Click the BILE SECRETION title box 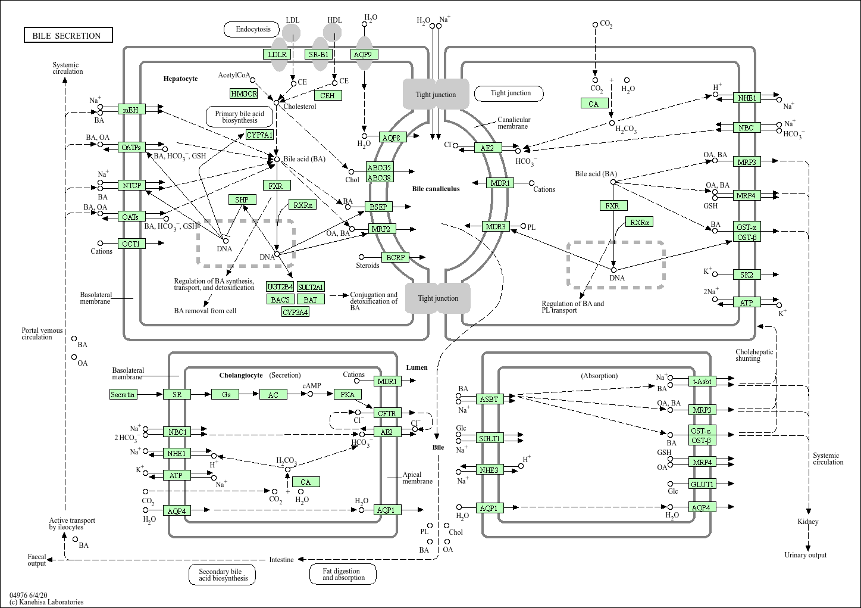pyautogui.click(x=68, y=36)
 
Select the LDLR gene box pyautogui.click(x=277, y=54)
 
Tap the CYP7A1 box pyautogui.click(x=259, y=135)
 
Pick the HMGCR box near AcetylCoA pyautogui.click(x=244, y=93)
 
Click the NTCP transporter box pyautogui.click(x=132, y=186)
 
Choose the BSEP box pyautogui.click(x=378, y=207)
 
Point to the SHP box pyautogui.click(x=242, y=199)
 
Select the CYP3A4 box pyautogui.click(x=295, y=311)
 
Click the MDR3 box pyautogui.click(x=496, y=226)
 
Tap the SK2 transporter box pyautogui.click(x=747, y=275)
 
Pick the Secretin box pyautogui.click(x=123, y=394)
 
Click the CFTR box pyautogui.click(x=387, y=413)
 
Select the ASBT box pyautogui.click(x=489, y=398)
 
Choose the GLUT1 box pyautogui.click(x=702, y=484)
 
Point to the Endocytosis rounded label pyautogui.click(x=253, y=29)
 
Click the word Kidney pyautogui.click(x=808, y=522)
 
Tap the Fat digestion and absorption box pyautogui.click(x=343, y=574)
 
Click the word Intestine pyautogui.click(x=281, y=559)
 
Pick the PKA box pyautogui.click(x=347, y=394)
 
